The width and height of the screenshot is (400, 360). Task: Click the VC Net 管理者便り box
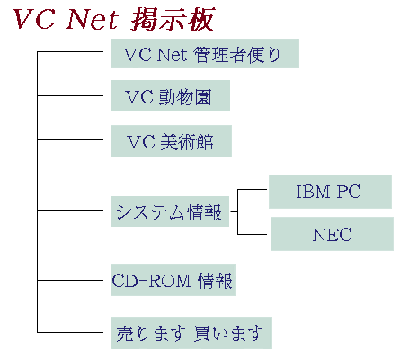205,53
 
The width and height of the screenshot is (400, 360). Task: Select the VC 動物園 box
171,95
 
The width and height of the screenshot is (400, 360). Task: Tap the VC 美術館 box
171,141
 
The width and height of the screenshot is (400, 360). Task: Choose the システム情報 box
170,211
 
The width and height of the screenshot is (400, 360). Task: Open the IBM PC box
330,192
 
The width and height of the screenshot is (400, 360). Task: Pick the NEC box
332,234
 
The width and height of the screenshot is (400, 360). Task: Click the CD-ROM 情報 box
173,280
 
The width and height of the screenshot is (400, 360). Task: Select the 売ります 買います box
191,333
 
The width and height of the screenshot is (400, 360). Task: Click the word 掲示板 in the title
173,20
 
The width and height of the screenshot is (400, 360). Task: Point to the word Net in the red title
93,20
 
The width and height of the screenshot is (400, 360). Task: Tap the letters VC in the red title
34,20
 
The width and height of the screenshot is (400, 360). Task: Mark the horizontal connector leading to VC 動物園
70,96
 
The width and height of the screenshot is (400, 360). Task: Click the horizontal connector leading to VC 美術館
70,139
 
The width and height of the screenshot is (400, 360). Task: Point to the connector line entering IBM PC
252,190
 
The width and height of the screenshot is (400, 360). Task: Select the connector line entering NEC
252,234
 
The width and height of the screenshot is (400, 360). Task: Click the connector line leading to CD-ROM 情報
70,281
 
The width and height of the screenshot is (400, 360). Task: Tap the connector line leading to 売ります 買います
70,332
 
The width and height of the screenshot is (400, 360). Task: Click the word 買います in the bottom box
229,334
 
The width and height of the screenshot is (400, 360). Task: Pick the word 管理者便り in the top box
236,55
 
